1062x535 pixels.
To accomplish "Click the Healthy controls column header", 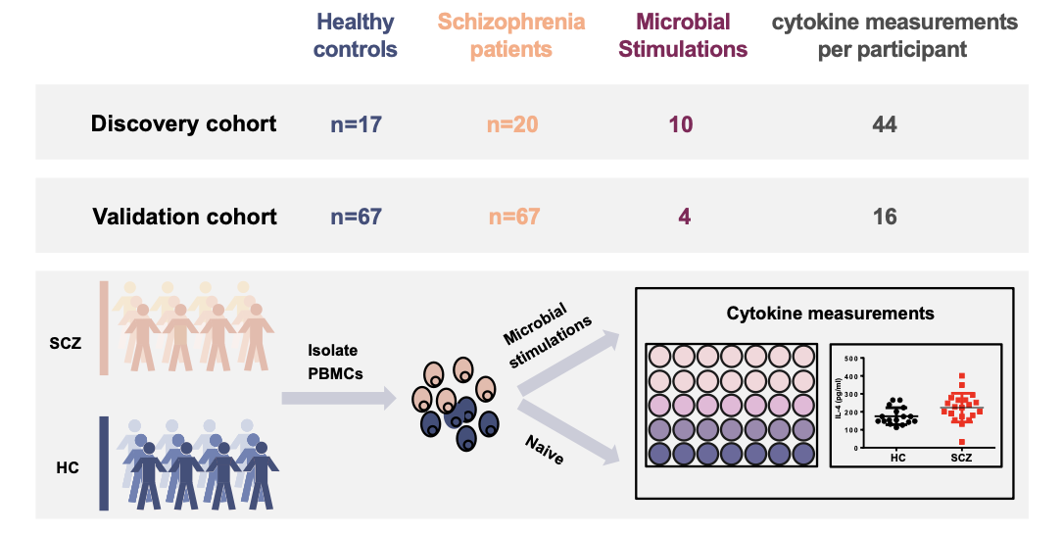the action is coord(355,35).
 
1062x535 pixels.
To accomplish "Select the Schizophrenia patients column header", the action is coord(511,35).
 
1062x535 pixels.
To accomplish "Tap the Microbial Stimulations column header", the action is coord(683,35).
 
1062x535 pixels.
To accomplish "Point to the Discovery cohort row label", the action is coord(183,123).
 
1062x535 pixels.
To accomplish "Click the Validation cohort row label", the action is coord(185,216).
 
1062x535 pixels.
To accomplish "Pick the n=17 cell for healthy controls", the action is coord(357,123).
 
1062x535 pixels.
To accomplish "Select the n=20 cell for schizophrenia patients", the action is coord(512,123).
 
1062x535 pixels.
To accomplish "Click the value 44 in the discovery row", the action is coord(885,123).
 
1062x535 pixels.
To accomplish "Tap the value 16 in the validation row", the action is coord(885,217).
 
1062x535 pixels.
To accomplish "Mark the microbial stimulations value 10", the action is coord(681,123).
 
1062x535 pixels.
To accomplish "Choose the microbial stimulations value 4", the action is coord(685,217).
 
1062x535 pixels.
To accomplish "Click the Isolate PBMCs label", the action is coord(335,362).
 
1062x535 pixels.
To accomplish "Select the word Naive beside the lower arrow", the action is coord(544,450).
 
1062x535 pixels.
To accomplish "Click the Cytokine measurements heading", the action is coord(831,314).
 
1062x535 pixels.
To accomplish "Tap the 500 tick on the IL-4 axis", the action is coord(850,359).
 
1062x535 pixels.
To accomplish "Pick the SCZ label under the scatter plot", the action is coord(961,458).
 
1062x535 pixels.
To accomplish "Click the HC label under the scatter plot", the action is coord(898,458).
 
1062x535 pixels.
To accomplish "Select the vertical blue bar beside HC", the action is coord(104,463).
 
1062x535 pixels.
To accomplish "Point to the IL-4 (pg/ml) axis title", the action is coord(838,403).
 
